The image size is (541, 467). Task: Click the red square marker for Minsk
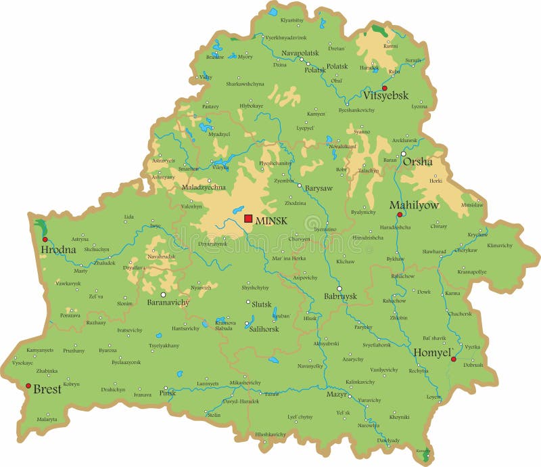click(x=248, y=219)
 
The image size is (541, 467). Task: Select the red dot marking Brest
click(x=28, y=386)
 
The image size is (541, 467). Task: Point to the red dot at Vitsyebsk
click(x=384, y=88)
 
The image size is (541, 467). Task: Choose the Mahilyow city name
click(x=414, y=205)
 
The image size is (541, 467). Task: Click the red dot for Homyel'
click(x=453, y=359)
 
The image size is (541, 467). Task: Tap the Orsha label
click(x=417, y=162)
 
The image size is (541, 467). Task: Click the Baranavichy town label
click(x=168, y=303)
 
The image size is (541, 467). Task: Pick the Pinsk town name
click(x=167, y=393)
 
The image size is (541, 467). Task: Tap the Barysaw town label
click(x=319, y=188)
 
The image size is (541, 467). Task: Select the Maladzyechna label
click(x=204, y=187)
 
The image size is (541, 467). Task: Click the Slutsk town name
click(x=262, y=305)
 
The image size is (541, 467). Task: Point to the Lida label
click(x=128, y=217)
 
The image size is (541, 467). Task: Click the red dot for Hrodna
click(x=45, y=239)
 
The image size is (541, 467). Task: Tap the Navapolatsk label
click(x=300, y=53)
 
